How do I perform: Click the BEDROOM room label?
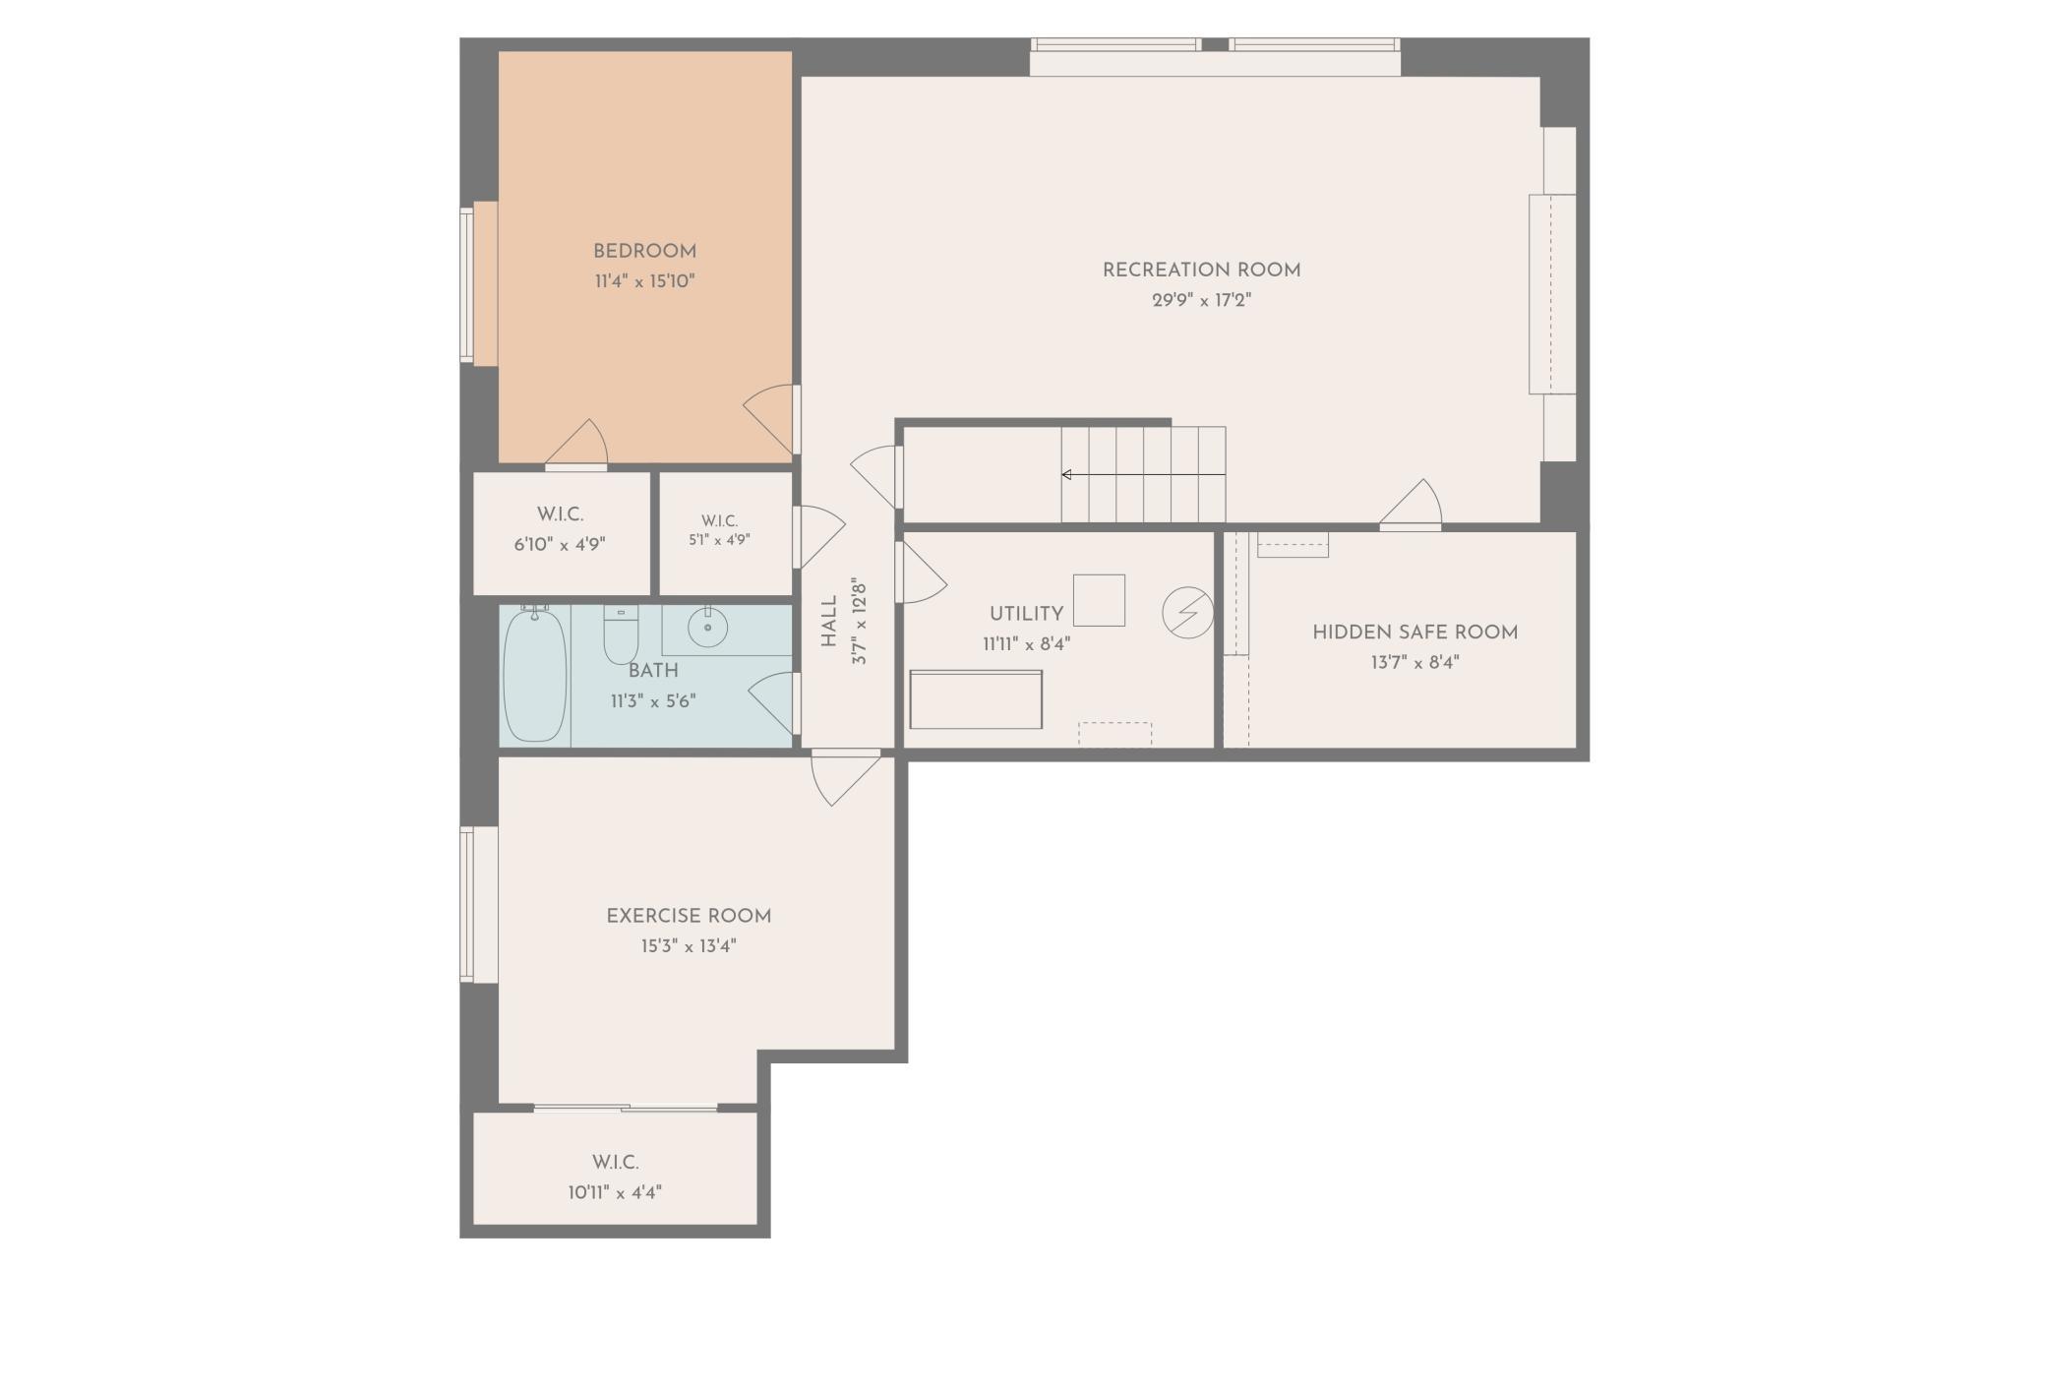pyautogui.click(x=644, y=252)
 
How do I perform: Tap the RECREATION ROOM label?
pyautogui.click(x=1201, y=271)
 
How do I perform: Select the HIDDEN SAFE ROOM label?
pyautogui.click(x=1414, y=633)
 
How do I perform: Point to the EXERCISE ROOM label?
pyautogui.click(x=689, y=916)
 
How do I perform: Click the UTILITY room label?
pyautogui.click(x=1026, y=614)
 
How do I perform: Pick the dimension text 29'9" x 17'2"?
pyautogui.click(x=1201, y=300)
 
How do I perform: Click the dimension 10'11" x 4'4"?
pyautogui.click(x=615, y=1192)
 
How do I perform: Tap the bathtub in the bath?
pyautogui.click(x=535, y=675)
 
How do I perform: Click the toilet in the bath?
pyautogui.click(x=621, y=635)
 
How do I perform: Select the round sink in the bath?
pyautogui.click(x=707, y=627)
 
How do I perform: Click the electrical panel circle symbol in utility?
pyautogui.click(x=1187, y=613)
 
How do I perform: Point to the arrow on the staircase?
pyautogui.click(x=1143, y=475)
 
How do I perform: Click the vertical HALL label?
pyautogui.click(x=828, y=622)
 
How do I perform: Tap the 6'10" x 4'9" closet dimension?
pyautogui.click(x=560, y=544)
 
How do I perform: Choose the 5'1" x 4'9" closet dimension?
pyautogui.click(x=719, y=539)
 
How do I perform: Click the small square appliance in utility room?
pyautogui.click(x=1099, y=600)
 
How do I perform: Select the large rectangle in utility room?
pyautogui.click(x=976, y=699)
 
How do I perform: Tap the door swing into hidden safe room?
pyautogui.click(x=1411, y=505)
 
